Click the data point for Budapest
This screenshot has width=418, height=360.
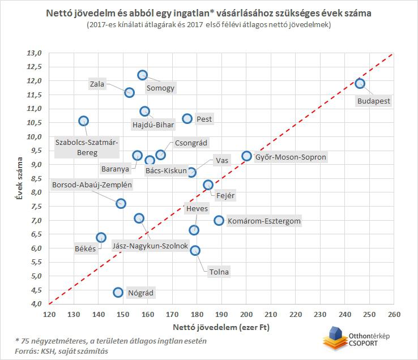click(x=360, y=83)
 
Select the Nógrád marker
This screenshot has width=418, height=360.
click(x=118, y=292)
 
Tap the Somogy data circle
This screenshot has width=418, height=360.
click(x=143, y=75)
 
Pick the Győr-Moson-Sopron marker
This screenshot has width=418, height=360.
click(x=247, y=156)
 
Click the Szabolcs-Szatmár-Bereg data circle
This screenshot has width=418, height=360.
click(x=84, y=121)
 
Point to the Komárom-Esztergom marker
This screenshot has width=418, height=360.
click(x=219, y=220)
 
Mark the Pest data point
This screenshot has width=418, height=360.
click(x=187, y=118)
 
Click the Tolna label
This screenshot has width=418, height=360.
click(x=219, y=272)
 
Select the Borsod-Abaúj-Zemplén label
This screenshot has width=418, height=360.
click(x=92, y=185)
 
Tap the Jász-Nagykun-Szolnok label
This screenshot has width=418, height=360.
click(x=150, y=246)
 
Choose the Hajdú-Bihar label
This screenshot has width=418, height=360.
click(x=153, y=125)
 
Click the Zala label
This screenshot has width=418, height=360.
click(x=97, y=84)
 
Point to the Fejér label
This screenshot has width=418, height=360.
click(x=225, y=195)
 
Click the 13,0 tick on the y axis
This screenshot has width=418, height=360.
click(x=35, y=53)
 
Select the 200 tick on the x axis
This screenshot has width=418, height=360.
click(x=246, y=314)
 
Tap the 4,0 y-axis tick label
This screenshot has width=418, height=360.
click(x=36, y=303)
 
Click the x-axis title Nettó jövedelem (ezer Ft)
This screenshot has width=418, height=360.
click(x=221, y=327)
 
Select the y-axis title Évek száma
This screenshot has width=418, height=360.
click(x=19, y=178)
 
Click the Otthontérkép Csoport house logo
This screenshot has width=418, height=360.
click(x=335, y=337)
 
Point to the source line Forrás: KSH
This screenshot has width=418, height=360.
click(x=62, y=351)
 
